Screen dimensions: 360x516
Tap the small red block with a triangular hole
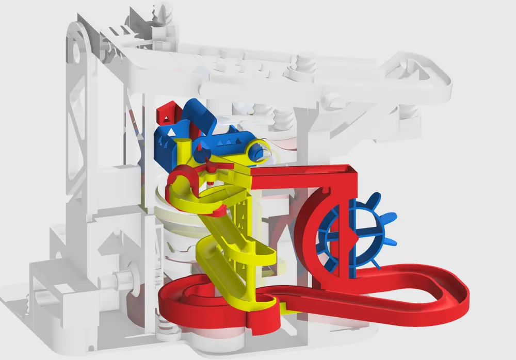pyautogui.click(x=166, y=116)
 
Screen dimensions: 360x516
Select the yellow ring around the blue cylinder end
pyautogui.click(x=258, y=151)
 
